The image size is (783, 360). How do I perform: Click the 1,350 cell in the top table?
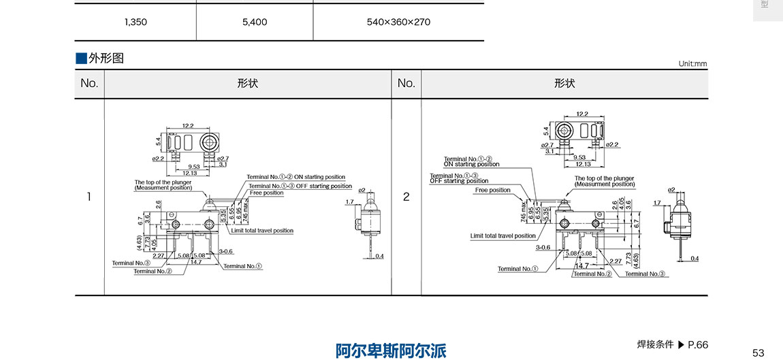pyautogui.click(x=135, y=22)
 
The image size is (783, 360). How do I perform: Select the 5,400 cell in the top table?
pyautogui.click(x=255, y=22)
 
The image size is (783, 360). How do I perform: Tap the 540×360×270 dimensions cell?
pyautogui.click(x=398, y=22)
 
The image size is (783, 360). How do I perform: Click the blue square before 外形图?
pyautogui.click(x=81, y=59)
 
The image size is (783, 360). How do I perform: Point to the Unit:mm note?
pyautogui.click(x=692, y=64)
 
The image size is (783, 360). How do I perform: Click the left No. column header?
pyautogui.click(x=89, y=84)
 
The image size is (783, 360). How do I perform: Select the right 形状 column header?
pyautogui.click(x=564, y=84)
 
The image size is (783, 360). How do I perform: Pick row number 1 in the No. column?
pyautogui.click(x=89, y=197)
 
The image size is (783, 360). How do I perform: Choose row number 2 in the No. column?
pyautogui.click(x=406, y=197)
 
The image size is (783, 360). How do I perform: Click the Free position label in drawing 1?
pyautogui.click(x=266, y=193)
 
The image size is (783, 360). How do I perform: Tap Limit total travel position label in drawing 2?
pyautogui.click(x=503, y=236)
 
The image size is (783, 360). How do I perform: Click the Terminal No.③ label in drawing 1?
pyautogui.click(x=131, y=263)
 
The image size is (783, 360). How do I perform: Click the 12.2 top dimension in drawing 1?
pyautogui.click(x=188, y=126)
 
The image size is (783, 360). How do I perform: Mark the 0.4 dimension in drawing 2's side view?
pyautogui.click(x=694, y=259)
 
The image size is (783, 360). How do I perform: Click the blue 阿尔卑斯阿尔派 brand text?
pyautogui.click(x=391, y=350)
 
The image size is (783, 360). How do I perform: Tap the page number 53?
pyautogui.click(x=758, y=352)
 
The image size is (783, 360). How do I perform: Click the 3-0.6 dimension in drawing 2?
pyautogui.click(x=543, y=248)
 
